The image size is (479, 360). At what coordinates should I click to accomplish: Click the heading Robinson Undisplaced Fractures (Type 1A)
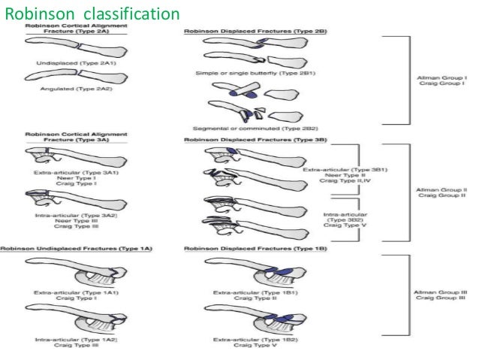point(73,248)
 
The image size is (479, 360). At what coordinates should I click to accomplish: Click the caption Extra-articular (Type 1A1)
point(77,289)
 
